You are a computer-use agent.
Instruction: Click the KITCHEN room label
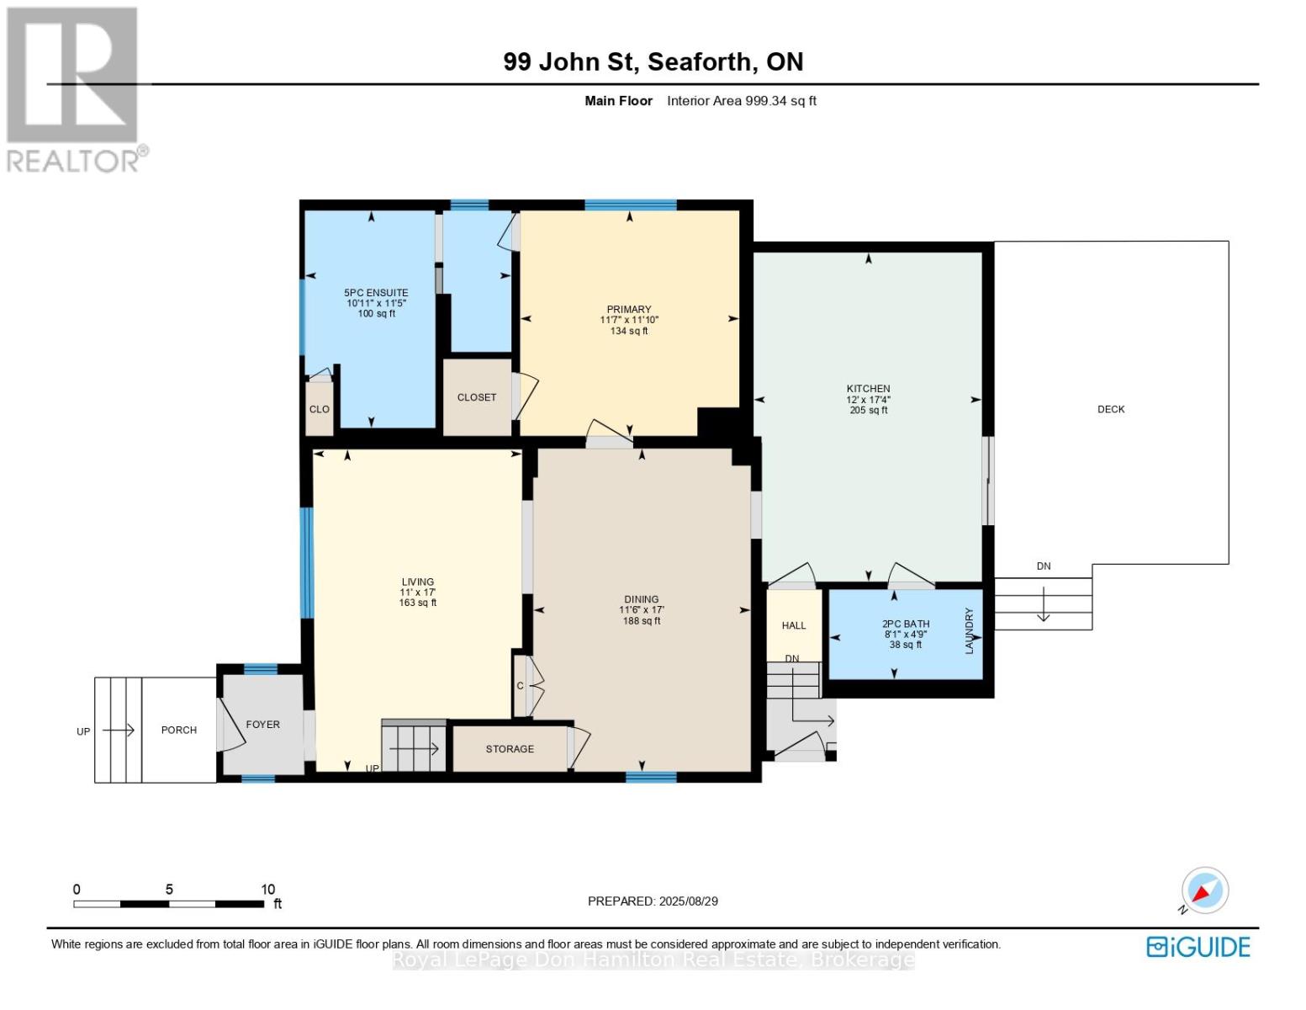coord(868,389)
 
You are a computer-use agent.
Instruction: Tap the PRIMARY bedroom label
coord(629,309)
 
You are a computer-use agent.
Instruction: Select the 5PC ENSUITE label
coord(376,292)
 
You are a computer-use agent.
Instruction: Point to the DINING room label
coord(642,599)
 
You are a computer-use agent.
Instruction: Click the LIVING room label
coord(418,582)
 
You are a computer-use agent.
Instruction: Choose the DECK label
coord(1111,409)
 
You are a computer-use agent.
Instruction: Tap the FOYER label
coord(262,725)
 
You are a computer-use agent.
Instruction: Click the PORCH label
coord(179,730)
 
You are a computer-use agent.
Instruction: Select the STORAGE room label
coord(510,749)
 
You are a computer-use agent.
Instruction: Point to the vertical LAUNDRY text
coord(969,631)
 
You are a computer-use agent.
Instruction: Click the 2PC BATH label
coord(906,624)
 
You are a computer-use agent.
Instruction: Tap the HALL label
coord(793,625)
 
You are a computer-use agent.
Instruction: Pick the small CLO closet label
coord(319,409)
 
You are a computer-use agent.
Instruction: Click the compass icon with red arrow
coord(1204,891)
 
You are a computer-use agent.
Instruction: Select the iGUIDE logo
coord(1198,948)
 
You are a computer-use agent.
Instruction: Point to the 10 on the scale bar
coord(267,889)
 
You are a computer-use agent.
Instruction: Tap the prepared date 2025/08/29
coord(688,901)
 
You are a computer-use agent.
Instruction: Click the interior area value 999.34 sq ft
coord(780,101)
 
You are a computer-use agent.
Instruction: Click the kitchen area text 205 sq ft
coord(869,410)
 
